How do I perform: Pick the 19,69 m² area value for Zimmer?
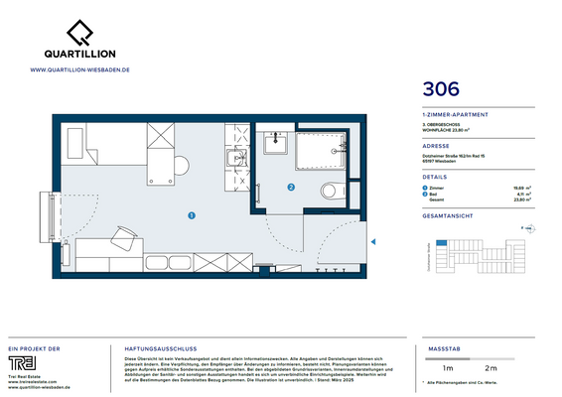click(518, 188)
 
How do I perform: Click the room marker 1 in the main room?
click(192, 213)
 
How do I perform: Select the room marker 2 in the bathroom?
click(291, 187)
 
